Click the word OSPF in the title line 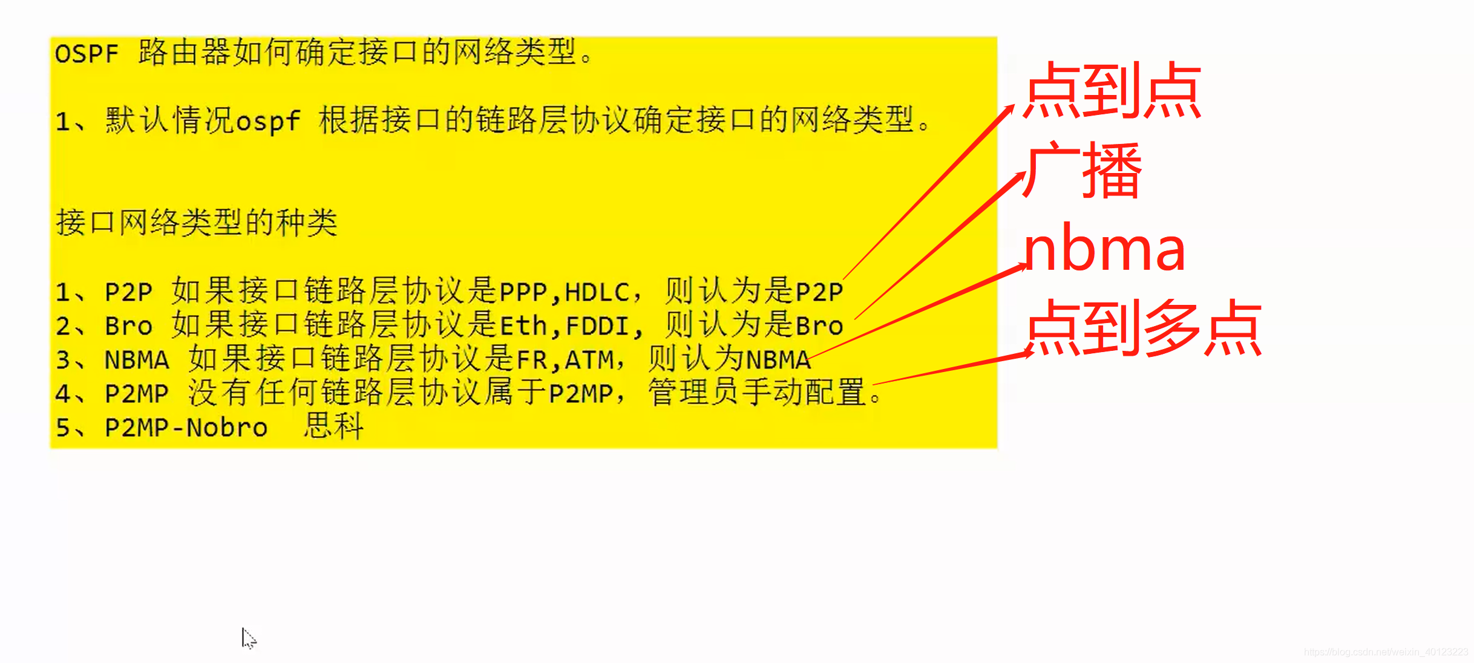87,54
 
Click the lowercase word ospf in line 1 267,121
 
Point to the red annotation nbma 1104,249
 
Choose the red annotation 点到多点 1144,328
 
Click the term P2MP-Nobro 186,428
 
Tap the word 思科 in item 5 333,426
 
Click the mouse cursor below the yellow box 247,637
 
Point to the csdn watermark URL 1386,652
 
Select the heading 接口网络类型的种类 197,223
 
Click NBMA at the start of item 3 137,360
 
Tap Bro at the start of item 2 128,326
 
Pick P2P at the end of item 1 819,292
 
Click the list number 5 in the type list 63,428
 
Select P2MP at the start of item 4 137,394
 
